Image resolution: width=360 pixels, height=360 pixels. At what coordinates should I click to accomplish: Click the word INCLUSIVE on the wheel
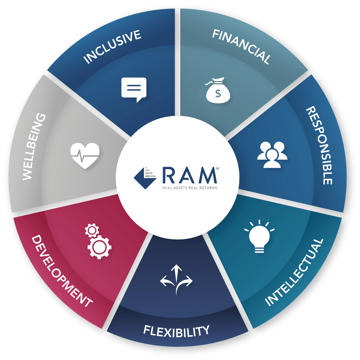[113, 47]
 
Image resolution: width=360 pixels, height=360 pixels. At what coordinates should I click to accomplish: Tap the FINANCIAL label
[241, 46]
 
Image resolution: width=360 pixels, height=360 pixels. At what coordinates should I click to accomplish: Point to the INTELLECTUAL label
[294, 272]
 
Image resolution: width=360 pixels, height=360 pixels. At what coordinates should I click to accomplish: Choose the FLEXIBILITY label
[177, 331]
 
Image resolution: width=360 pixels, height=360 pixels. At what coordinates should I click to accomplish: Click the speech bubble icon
[134, 89]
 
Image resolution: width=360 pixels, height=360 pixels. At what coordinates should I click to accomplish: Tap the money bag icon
[218, 91]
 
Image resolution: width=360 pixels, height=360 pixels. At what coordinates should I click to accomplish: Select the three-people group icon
[272, 155]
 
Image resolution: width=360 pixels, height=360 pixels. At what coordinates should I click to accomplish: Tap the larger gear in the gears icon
[99, 247]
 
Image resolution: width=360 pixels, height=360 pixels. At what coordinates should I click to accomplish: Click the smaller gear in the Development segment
[91, 231]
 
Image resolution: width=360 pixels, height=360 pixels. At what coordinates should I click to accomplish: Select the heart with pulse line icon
[85, 155]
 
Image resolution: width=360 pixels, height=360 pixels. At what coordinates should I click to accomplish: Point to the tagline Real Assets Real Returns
[190, 188]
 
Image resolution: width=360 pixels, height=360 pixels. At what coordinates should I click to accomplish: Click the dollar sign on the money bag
[218, 94]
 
